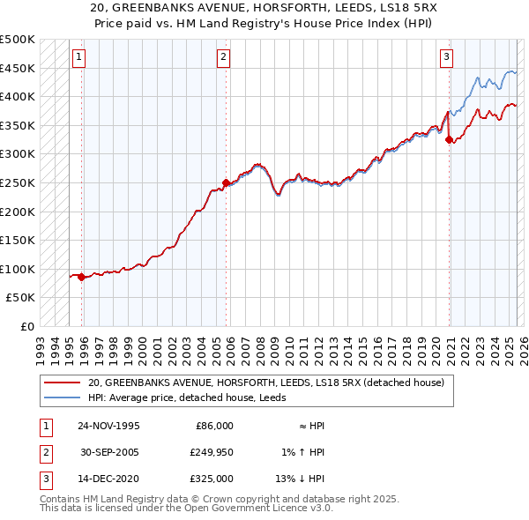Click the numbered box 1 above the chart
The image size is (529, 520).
point(78,58)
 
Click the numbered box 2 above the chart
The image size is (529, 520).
point(223,58)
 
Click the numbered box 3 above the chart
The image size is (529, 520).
point(447,58)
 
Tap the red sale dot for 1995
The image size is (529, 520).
point(82,277)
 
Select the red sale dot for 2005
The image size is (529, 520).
point(226,182)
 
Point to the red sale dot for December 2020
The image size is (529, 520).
point(450,139)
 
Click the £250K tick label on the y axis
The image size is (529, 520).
point(18,182)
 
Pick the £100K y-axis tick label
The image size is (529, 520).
point(18,269)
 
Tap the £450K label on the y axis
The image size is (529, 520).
point(18,68)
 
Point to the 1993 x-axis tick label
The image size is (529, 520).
point(41,344)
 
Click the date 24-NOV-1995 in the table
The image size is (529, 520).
point(108,426)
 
